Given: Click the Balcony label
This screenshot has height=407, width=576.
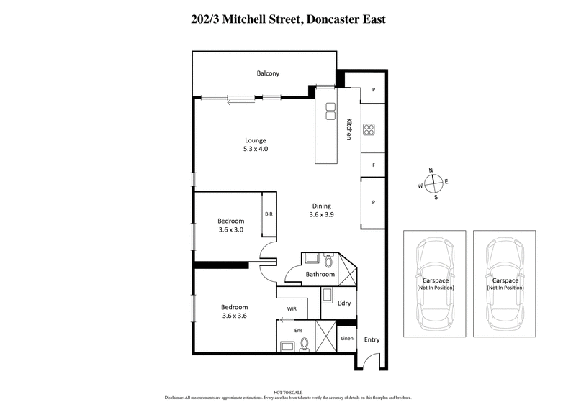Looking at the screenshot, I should point(268,73).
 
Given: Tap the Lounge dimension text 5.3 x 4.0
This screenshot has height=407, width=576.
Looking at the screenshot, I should point(255,149).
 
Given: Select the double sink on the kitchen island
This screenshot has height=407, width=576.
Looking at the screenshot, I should point(330,111).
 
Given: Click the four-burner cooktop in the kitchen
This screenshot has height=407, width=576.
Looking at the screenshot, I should point(369,130).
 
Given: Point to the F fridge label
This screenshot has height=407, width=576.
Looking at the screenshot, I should point(373,165).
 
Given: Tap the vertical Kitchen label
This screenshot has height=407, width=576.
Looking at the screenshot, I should point(348,128).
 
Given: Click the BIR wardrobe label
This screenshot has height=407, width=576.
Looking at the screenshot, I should point(269,214).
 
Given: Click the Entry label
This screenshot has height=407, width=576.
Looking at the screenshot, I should point(372,340).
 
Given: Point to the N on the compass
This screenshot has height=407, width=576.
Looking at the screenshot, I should point(431,170).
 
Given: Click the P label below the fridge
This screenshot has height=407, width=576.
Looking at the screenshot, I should point(373,203).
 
